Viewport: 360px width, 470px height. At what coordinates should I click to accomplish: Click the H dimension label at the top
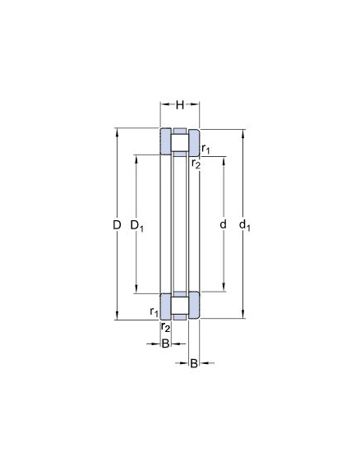[179, 105]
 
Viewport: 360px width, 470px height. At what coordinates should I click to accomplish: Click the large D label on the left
[117, 224]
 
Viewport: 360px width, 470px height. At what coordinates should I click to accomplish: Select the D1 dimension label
[137, 226]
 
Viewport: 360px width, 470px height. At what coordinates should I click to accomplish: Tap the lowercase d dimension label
[223, 224]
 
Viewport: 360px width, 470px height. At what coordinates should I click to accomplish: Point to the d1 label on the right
[245, 225]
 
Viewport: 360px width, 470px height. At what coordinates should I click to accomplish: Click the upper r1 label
[205, 149]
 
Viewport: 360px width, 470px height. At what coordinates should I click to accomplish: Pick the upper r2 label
[196, 164]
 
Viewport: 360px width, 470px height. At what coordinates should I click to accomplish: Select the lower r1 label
[154, 312]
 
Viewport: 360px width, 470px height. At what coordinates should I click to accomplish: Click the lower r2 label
[165, 327]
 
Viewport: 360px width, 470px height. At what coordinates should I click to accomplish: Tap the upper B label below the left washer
[165, 343]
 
